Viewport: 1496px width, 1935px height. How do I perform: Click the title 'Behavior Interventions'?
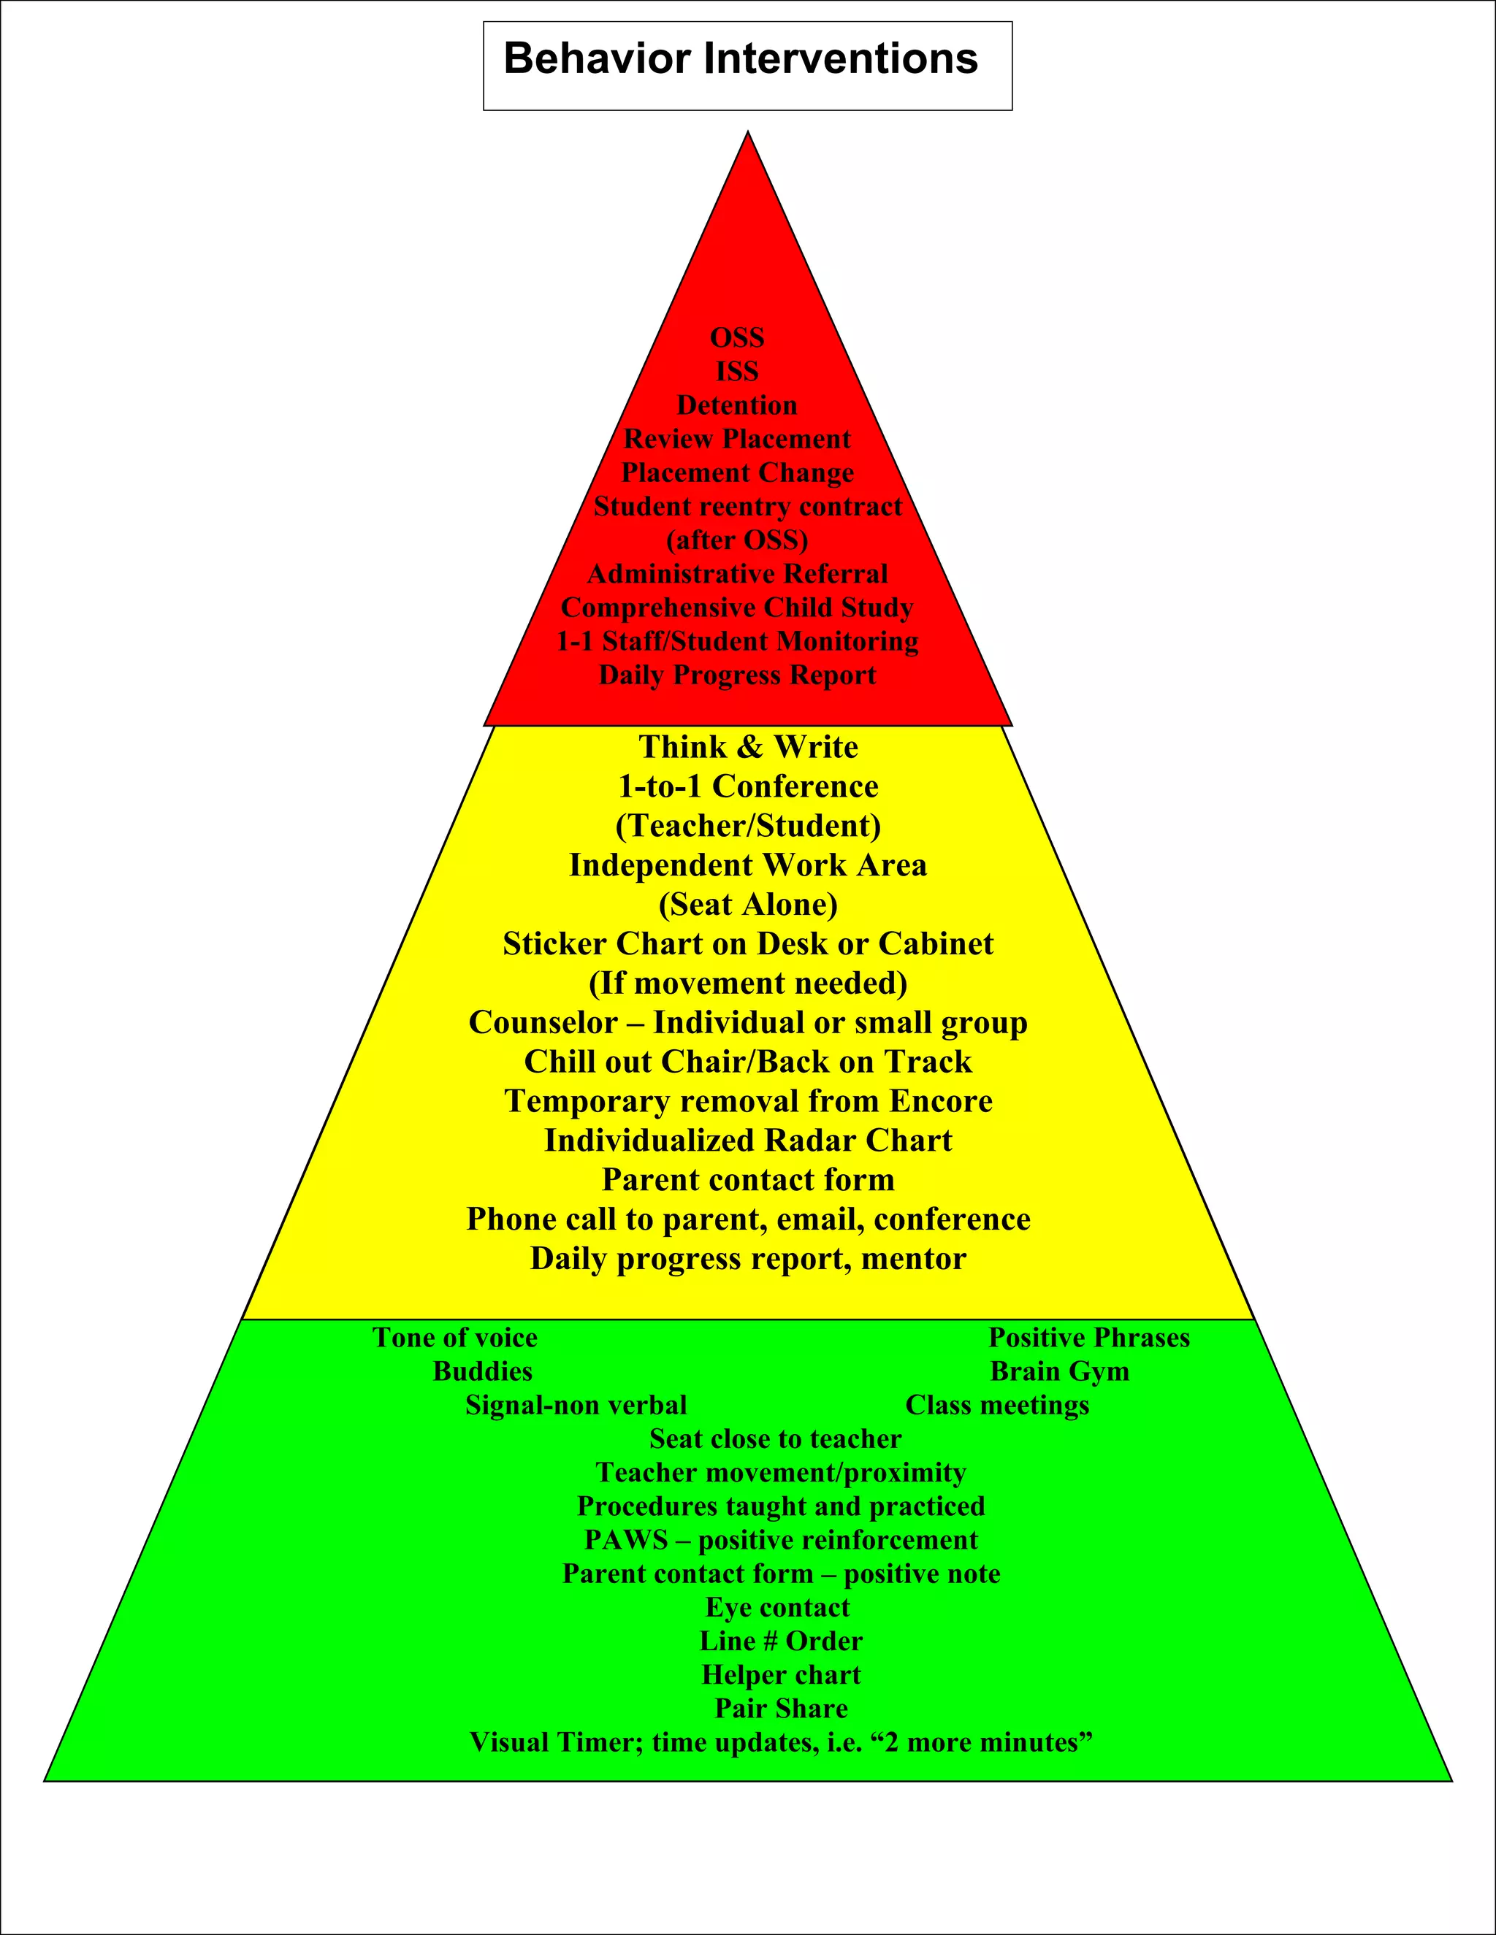click(740, 59)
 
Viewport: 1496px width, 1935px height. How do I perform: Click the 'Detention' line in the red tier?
click(736, 405)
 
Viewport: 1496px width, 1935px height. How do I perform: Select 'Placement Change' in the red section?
click(736, 472)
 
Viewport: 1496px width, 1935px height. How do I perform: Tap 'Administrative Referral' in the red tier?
click(736, 574)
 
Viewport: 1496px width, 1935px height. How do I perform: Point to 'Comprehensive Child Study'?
click(736, 608)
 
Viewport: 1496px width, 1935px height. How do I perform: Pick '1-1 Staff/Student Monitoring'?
click(736, 641)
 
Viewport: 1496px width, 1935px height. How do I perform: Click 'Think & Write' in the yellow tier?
click(748, 747)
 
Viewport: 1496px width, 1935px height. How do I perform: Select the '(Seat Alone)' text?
click(748, 905)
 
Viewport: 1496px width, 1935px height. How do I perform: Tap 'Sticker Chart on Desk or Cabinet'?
click(748, 943)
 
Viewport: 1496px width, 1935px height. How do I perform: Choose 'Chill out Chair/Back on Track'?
click(748, 1062)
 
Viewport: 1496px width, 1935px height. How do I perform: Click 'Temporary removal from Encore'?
click(748, 1101)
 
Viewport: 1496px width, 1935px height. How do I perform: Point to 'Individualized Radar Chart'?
click(748, 1141)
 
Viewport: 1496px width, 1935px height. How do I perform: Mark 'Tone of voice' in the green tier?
click(454, 1338)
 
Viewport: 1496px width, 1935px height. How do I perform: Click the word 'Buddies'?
click(482, 1371)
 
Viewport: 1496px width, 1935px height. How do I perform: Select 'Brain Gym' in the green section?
click(1059, 1371)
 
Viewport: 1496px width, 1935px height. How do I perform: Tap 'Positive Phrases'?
click(1088, 1338)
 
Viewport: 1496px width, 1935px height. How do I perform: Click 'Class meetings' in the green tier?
click(997, 1405)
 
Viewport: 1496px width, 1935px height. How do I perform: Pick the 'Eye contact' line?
click(777, 1607)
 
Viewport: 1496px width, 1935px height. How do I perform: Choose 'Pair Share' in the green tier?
click(781, 1708)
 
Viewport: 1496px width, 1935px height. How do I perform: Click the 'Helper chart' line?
click(781, 1674)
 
